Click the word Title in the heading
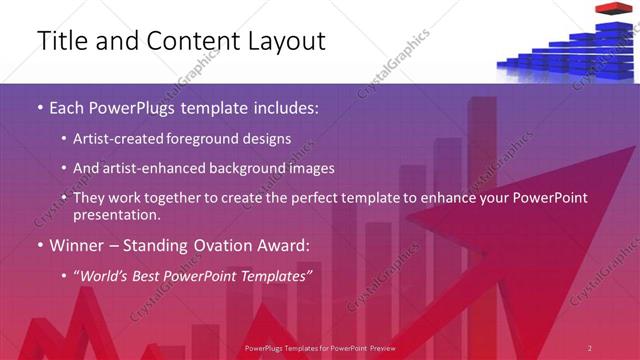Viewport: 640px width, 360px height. (x=62, y=41)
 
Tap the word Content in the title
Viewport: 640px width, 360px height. (x=189, y=41)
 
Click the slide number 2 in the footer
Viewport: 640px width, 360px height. (x=590, y=348)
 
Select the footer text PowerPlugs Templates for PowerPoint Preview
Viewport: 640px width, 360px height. (x=319, y=348)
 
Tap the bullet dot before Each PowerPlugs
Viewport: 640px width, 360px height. (x=39, y=107)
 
